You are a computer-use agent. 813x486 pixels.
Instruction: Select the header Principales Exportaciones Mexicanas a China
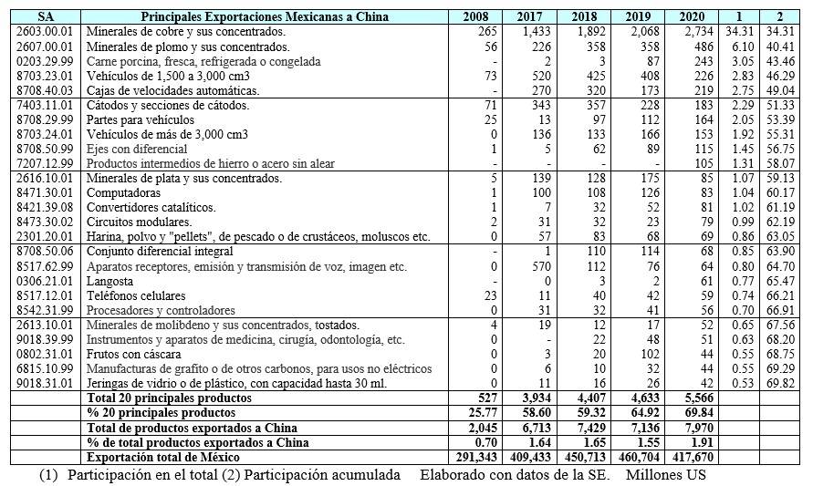pyautogui.click(x=266, y=16)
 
